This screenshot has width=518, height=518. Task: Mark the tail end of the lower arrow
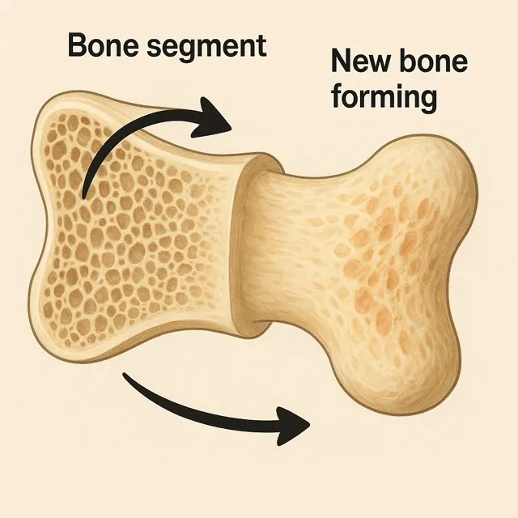click(126, 376)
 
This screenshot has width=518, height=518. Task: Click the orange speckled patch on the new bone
click(380, 259)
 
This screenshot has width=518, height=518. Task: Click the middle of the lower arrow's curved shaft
click(202, 413)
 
